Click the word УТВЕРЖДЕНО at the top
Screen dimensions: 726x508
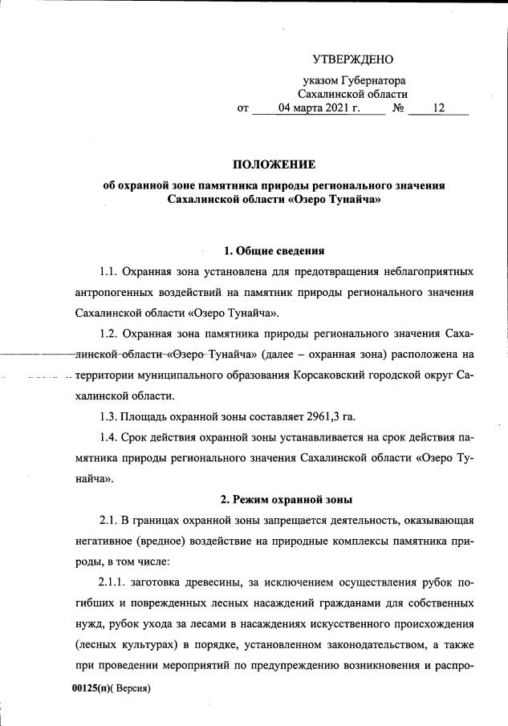click(354, 60)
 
